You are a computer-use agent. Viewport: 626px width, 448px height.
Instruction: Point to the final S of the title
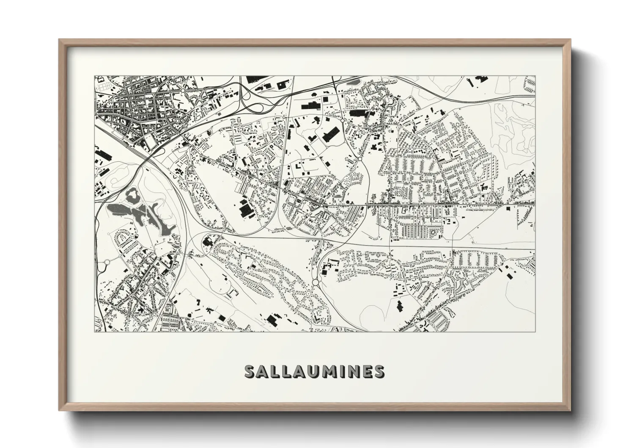click(379, 371)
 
